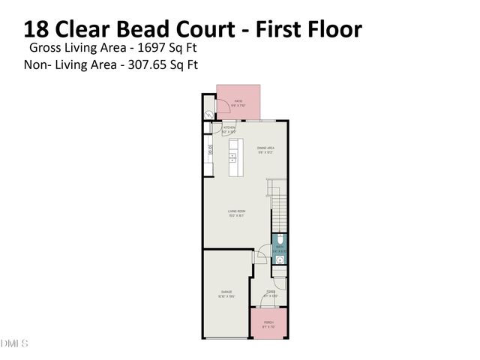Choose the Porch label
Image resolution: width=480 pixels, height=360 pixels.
[268, 323]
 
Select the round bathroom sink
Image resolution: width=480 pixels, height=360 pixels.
[279, 259]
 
